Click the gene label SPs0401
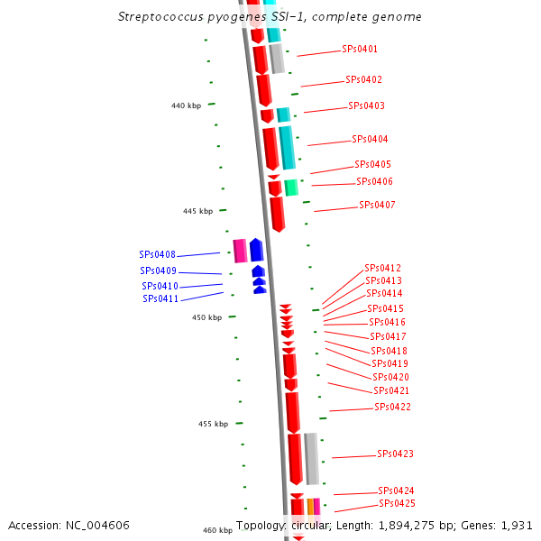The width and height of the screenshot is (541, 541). click(x=360, y=49)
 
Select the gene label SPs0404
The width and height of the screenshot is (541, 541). click(x=370, y=139)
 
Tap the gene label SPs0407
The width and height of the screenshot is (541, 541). click(x=377, y=205)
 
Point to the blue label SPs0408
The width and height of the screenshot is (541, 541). click(x=158, y=254)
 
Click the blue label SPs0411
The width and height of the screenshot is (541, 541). click(x=160, y=298)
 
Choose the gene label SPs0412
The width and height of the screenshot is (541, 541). click(x=382, y=268)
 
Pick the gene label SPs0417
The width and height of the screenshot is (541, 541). click(x=388, y=336)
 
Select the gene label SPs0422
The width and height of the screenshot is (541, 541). click(x=392, y=407)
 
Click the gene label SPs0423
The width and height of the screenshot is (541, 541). click(x=395, y=454)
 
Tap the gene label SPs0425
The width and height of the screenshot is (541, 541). click(x=397, y=503)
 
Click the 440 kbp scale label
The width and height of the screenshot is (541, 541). click(x=186, y=105)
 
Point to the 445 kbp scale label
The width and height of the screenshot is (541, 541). click(x=197, y=211)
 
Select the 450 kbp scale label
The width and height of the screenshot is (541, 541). click(x=206, y=317)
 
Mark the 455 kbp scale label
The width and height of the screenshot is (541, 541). click(x=213, y=424)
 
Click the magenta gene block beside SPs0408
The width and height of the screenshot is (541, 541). click(x=240, y=251)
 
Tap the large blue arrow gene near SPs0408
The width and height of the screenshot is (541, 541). click(x=256, y=250)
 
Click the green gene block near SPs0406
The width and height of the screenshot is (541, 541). click(x=291, y=188)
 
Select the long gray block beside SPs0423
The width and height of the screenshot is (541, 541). click(x=311, y=458)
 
